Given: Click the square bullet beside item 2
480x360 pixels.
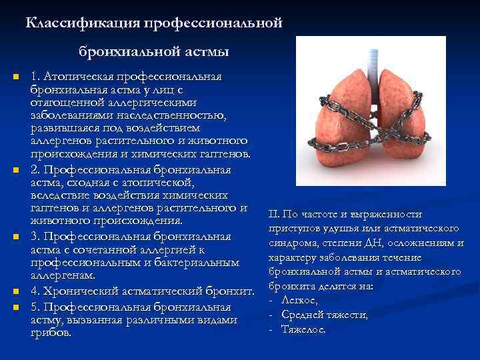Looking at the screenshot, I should (x=15, y=171).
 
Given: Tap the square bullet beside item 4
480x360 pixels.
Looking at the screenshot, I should (x=15, y=292).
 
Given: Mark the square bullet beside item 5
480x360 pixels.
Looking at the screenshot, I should (x=15, y=307).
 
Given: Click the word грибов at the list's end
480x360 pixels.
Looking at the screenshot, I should (x=50, y=332).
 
